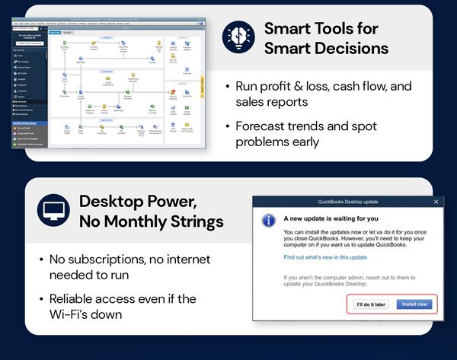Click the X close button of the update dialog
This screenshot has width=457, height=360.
(x=436, y=202)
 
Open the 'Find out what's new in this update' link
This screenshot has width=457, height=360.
(x=326, y=258)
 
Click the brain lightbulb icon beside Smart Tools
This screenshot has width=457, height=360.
(x=237, y=38)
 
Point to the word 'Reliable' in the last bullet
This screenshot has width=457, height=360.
(x=74, y=298)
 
